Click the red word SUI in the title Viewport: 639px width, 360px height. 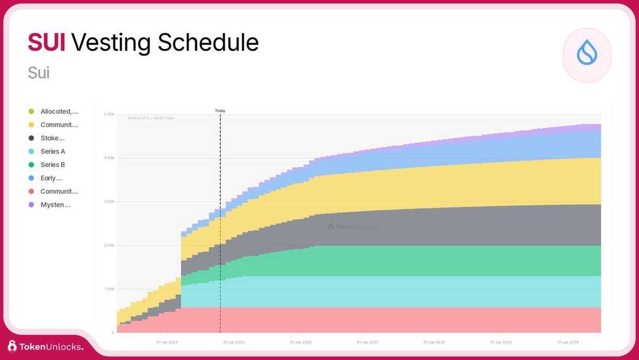pyautogui.click(x=46, y=43)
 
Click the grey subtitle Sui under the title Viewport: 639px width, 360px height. pyautogui.click(x=38, y=73)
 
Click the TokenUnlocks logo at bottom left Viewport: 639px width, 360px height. pyautogui.click(x=46, y=346)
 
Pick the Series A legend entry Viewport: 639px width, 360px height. pyautogui.click(x=53, y=152)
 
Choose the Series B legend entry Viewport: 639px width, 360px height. pyautogui.click(x=53, y=165)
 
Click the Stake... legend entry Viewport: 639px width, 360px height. pyautogui.click(x=52, y=138)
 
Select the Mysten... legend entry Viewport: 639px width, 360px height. pyautogui.click(x=55, y=205)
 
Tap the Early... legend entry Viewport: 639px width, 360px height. pyautogui.click(x=51, y=178)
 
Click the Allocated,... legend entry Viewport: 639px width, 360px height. pyautogui.click(x=59, y=111)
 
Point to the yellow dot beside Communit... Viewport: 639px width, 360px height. pyautogui.click(x=31, y=125)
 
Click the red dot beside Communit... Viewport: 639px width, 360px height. pyautogui.click(x=31, y=192)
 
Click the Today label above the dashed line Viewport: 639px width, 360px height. pyautogui.click(x=220, y=111)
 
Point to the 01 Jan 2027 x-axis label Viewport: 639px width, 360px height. pyautogui.click(x=368, y=342)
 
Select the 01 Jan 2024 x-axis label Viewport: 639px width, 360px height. pyautogui.click(x=167, y=342)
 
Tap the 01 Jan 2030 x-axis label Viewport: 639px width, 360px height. pyautogui.click(x=569, y=342)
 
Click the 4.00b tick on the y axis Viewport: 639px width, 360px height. pyautogui.click(x=109, y=158)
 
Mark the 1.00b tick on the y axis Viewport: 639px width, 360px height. pyautogui.click(x=109, y=289)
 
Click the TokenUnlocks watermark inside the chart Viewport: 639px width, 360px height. pyautogui.click(x=353, y=226)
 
